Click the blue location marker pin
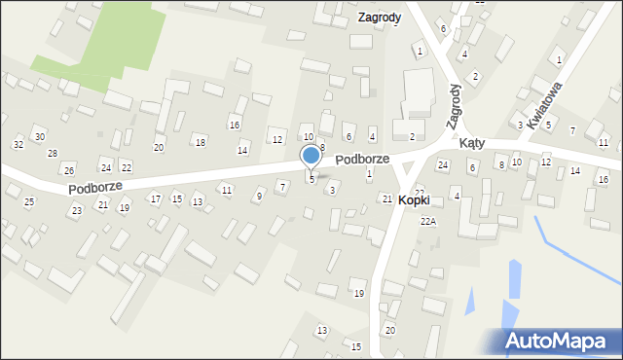[x=311, y=156]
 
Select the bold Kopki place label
[x=421, y=198]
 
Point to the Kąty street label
[x=472, y=142]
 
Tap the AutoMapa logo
[x=561, y=340]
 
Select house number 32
[x=18, y=144]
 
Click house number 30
[x=39, y=136]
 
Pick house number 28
[x=53, y=154]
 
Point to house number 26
[x=68, y=170]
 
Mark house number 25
[x=29, y=201]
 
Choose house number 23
[x=76, y=210]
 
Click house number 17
[x=155, y=198]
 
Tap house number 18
[x=201, y=143]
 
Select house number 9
[x=258, y=196]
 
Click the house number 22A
[x=428, y=222]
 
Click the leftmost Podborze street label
[x=94, y=186]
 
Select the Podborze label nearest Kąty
[x=362, y=158]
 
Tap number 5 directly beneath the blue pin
[x=311, y=179]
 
